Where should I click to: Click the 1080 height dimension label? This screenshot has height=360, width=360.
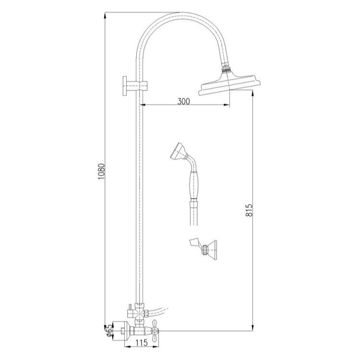101,171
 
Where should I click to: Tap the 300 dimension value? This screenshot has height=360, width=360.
184,101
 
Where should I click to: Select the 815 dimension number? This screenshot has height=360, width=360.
249,210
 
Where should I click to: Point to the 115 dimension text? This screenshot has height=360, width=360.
141,343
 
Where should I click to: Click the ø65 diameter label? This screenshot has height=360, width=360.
110,332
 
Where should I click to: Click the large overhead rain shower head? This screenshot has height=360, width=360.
230,84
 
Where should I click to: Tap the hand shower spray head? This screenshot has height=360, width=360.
179,151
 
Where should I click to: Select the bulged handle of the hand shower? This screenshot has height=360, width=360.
193,185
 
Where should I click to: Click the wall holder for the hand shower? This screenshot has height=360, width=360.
203,250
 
